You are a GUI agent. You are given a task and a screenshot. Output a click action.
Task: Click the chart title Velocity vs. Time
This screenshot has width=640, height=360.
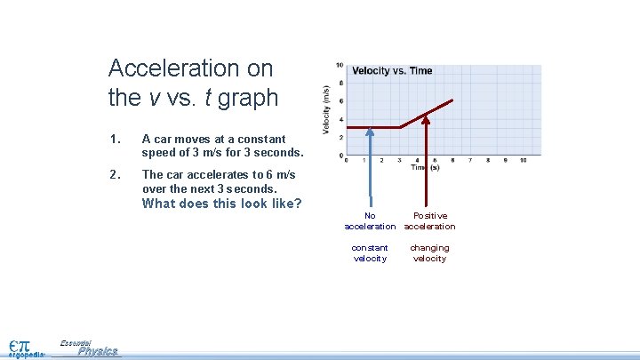[392, 71]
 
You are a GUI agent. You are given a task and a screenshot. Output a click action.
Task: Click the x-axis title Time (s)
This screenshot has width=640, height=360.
[425, 167]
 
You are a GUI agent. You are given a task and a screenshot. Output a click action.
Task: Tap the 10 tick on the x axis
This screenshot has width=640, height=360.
[523, 160]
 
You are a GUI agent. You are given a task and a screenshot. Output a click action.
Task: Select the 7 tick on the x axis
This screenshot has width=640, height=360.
[469, 160]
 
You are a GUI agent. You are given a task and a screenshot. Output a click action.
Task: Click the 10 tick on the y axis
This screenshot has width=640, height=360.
[340, 65]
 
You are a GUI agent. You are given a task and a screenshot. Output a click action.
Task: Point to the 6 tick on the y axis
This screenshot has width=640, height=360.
[341, 101]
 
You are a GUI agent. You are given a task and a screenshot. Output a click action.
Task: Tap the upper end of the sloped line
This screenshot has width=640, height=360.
[452, 100]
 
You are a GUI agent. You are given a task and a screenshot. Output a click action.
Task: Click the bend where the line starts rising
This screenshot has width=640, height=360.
[399, 127]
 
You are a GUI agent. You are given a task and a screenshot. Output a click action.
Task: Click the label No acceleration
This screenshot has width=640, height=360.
[370, 221]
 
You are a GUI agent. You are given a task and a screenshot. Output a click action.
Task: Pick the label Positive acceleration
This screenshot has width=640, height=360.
[430, 221]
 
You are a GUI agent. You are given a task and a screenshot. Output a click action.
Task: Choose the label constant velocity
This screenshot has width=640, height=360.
[370, 253]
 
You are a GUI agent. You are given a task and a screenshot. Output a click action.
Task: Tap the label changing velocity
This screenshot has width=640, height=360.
[430, 253]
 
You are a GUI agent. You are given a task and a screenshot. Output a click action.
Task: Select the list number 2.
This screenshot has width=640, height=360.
[113, 175]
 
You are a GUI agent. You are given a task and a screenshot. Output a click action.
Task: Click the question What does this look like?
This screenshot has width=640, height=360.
[222, 204]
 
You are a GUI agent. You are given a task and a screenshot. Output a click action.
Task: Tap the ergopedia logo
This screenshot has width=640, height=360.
[27, 348]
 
